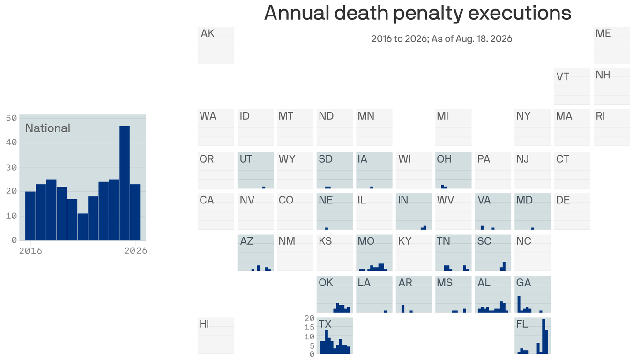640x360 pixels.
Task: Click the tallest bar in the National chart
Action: click(x=125, y=183)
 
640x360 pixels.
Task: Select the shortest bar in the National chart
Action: click(x=82, y=227)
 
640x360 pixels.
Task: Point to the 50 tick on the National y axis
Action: click(x=11, y=118)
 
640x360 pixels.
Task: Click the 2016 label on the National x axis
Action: click(x=30, y=251)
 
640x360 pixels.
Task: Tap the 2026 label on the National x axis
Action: click(x=136, y=251)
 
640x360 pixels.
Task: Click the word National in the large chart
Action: click(x=47, y=128)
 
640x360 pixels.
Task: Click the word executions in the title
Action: click(x=520, y=13)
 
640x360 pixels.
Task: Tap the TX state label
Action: click(x=325, y=324)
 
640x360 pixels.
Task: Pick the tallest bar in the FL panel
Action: click(x=543, y=337)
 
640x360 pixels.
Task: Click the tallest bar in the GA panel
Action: click(x=519, y=304)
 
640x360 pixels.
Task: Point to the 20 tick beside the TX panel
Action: click(x=309, y=318)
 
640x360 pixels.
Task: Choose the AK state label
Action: click(x=208, y=33)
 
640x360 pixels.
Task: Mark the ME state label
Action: click(x=603, y=33)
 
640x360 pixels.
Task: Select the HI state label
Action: click(x=204, y=324)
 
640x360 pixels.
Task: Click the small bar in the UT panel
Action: click(x=264, y=187)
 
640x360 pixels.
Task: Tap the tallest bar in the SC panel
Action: click(x=504, y=267)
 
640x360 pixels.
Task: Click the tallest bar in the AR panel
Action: click(x=403, y=309)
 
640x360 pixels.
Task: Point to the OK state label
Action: click(x=326, y=283)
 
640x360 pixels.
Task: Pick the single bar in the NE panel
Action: click(x=327, y=229)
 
